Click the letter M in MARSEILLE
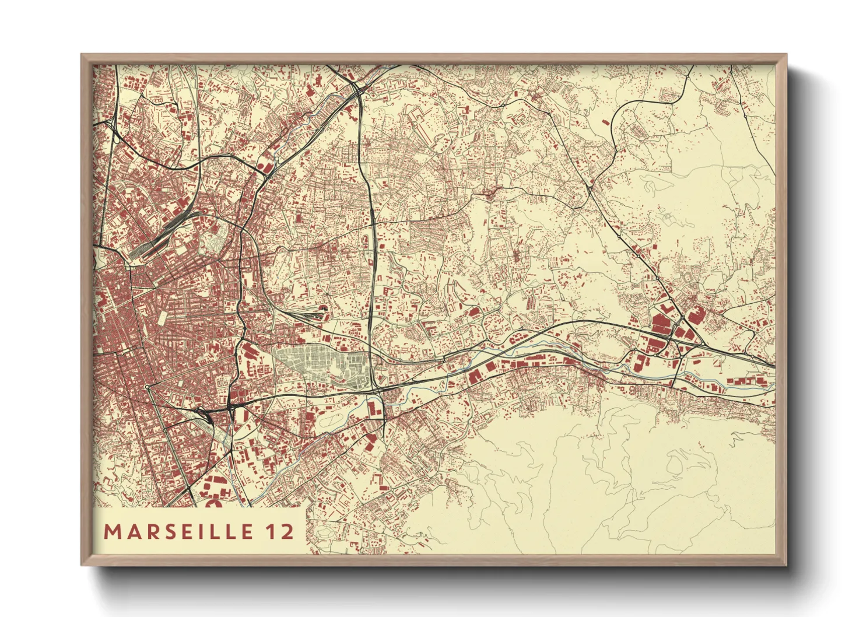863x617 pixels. [x=111, y=532]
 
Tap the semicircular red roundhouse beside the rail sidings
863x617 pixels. [x=324, y=307]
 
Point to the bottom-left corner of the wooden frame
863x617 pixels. [x=82, y=565]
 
